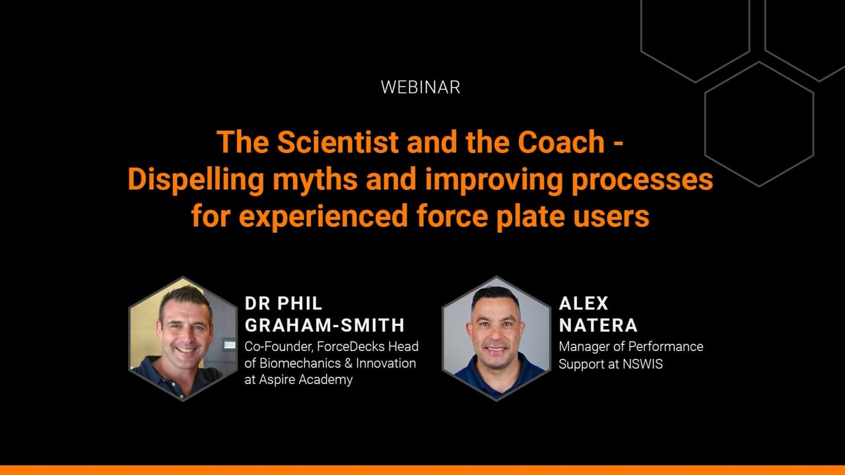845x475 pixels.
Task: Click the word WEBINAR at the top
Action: point(421,88)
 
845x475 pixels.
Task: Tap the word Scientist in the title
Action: point(338,142)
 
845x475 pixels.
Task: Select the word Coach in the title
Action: point(561,142)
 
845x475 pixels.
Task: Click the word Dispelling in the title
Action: point(196,181)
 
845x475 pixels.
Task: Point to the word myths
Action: point(315,179)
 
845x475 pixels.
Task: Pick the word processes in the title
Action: point(642,181)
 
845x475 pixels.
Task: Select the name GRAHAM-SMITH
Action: point(324,325)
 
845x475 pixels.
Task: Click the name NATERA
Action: point(598,325)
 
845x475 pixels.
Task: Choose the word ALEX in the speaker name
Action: point(584,303)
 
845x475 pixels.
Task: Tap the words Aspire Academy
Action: point(306,380)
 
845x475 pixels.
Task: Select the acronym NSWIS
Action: point(642,364)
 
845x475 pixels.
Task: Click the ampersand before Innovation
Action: point(349,364)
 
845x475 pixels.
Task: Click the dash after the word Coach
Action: point(619,144)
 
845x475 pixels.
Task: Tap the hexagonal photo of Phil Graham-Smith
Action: point(183,338)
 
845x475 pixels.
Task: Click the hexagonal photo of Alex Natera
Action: point(496,338)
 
